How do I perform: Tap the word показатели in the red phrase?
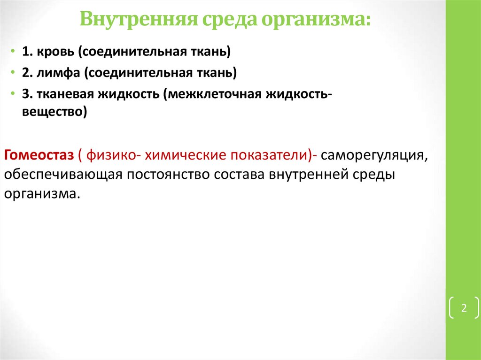point(268,155)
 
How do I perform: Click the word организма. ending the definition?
point(40,194)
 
